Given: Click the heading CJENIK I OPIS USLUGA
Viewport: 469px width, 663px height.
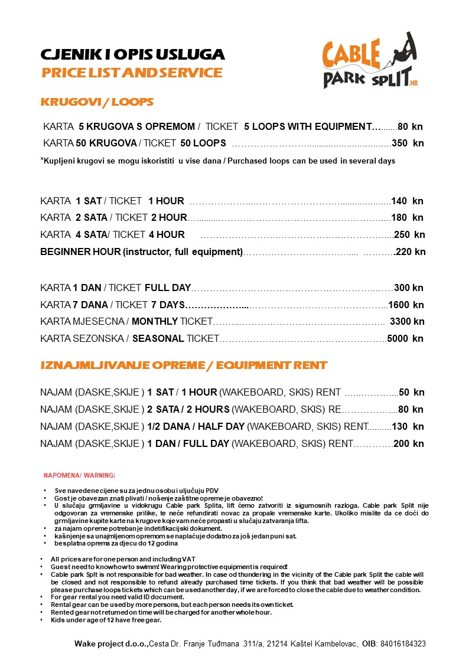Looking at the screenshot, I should coord(132,55).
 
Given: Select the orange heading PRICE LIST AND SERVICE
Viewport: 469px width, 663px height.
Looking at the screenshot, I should coord(132,73).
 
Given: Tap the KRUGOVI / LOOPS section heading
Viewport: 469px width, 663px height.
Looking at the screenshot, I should coord(97,102).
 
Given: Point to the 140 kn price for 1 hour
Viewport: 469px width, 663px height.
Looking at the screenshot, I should coord(407,201).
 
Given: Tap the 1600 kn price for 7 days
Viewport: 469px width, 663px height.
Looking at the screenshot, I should coord(406,305).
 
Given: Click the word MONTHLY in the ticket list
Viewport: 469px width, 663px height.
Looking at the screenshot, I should coord(155,322).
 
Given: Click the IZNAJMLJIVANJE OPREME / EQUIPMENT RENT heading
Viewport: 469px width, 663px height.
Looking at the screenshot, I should coord(184,365).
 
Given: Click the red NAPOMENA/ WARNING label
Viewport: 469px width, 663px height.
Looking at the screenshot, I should coord(80,475).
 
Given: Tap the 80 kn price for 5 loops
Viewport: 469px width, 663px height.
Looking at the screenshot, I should coord(410,126).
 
